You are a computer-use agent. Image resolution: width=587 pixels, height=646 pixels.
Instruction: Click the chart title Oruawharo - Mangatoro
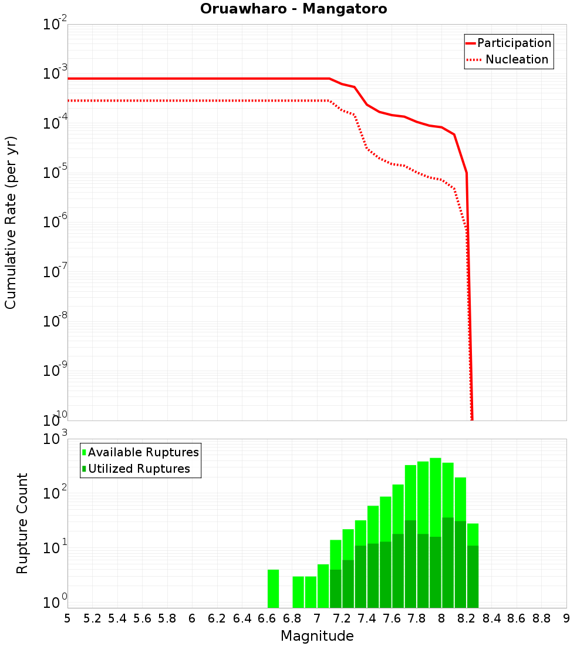(293, 9)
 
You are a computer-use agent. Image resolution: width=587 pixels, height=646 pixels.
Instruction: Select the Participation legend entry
(514, 43)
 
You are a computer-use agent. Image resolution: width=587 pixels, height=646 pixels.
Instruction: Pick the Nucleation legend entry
(516, 59)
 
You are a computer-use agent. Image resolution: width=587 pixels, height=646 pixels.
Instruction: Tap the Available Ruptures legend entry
(143, 452)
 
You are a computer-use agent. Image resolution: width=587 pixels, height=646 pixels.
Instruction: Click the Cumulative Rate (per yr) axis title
(11, 222)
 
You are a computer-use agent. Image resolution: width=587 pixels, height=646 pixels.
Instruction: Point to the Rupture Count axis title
(22, 523)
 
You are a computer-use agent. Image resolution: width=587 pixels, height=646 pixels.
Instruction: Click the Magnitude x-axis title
(317, 636)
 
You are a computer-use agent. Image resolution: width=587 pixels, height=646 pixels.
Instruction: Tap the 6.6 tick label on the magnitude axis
(267, 618)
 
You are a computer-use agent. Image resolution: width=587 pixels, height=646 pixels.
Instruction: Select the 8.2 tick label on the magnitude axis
(467, 618)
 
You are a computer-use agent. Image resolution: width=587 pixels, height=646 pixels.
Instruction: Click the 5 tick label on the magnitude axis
(68, 618)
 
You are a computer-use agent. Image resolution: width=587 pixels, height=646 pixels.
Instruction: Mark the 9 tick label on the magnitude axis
(566, 618)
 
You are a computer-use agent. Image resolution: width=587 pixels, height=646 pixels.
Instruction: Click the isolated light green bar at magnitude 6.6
(273, 588)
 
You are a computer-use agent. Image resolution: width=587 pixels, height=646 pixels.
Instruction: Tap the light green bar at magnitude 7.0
(323, 586)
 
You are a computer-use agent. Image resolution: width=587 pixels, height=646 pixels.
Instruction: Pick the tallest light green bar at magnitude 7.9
(436, 493)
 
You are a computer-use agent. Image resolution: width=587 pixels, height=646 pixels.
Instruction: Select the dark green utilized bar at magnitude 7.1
(336, 588)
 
